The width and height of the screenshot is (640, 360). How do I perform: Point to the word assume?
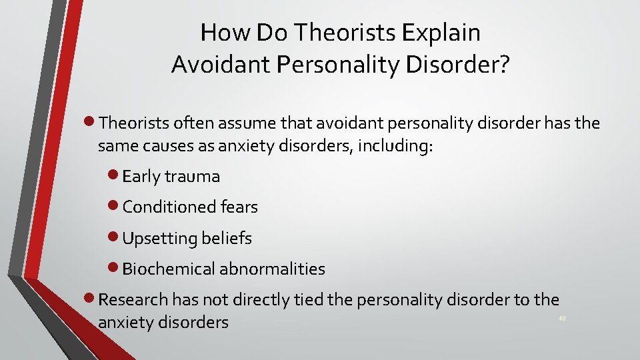[239, 123]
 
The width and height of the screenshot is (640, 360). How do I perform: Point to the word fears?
[239, 207]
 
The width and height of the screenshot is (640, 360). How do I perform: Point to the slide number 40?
[562, 319]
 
